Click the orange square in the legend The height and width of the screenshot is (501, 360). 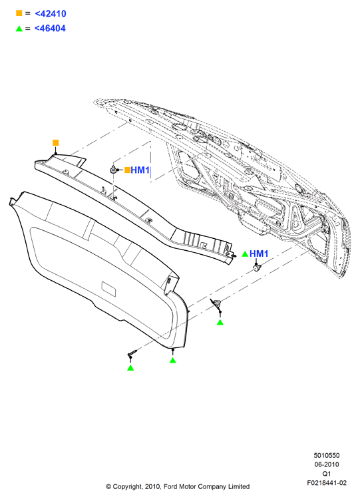point(19,13)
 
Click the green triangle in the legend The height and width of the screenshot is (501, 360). point(19,29)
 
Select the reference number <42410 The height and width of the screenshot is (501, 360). point(51,13)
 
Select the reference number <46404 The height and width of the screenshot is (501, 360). point(50,28)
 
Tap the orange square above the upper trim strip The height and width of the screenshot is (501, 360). point(56,142)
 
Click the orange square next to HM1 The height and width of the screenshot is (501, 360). point(127,170)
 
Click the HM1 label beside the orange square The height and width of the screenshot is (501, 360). point(140,170)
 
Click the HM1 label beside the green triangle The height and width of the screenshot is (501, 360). point(259,253)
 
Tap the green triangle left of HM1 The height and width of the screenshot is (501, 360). point(245,253)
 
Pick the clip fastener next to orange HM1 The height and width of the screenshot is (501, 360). point(113,169)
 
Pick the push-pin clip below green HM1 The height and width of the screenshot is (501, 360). point(257,267)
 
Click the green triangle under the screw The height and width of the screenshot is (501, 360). point(130,368)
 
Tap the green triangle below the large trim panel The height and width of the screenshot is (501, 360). point(173,360)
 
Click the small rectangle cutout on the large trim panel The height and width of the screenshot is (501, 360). point(108,289)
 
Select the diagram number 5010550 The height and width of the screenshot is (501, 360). point(327,455)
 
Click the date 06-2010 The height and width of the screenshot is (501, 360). point(327,464)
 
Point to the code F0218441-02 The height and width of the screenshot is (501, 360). point(327,483)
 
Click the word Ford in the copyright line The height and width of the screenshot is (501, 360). point(170,486)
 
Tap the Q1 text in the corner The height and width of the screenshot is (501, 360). point(327,474)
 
